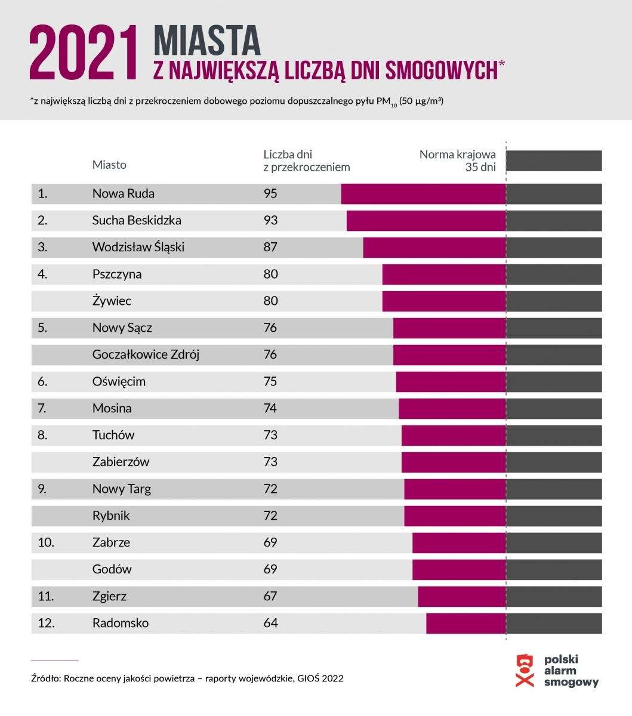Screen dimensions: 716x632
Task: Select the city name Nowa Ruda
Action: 123,193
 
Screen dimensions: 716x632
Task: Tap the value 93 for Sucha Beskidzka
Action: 270,220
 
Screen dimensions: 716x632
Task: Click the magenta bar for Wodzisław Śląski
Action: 434,247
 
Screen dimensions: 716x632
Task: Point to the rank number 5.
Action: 42,328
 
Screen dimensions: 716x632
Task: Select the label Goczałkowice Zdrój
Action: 146,354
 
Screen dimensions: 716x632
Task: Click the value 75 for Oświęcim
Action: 270,381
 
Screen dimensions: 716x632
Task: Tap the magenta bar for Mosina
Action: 452,408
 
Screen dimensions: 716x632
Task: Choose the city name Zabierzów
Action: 121,462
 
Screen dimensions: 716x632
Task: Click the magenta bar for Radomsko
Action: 465,623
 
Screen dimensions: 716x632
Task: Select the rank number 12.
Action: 46,623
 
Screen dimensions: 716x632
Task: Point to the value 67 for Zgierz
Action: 270,596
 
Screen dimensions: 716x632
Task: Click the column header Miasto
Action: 109,165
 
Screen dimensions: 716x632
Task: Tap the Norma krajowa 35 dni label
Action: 458,161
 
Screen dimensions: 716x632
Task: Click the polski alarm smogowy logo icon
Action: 525,671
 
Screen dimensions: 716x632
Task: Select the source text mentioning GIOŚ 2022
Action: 187,678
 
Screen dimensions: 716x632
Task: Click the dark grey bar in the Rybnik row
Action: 554,516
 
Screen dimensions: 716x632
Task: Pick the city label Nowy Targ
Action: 121,489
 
